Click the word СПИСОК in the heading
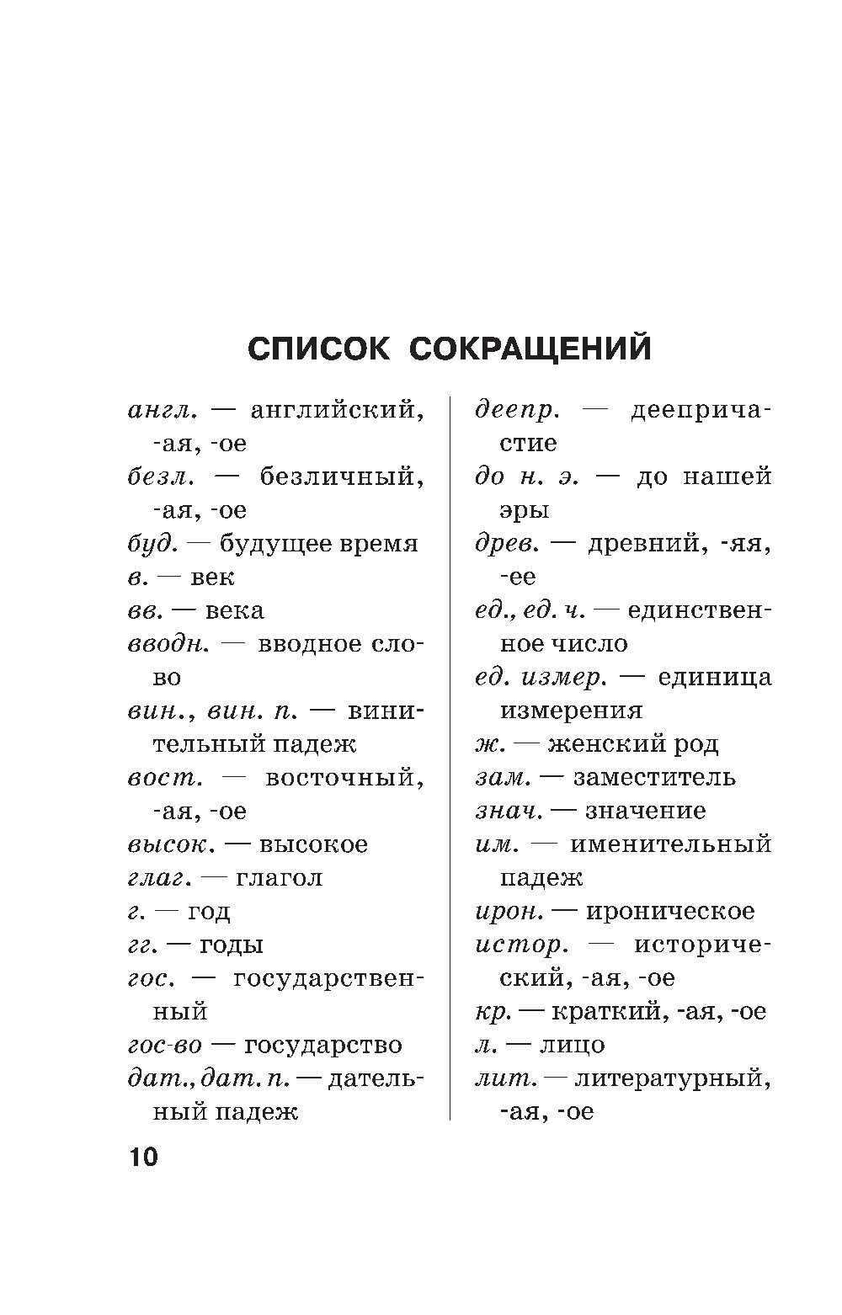(319, 349)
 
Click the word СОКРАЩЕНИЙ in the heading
(531, 349)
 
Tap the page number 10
(144, 1158)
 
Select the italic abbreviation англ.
(163, 411)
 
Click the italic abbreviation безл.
(161, 477)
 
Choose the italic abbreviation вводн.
(168, 644)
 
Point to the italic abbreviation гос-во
(165, 1045)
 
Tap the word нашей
(727, 477)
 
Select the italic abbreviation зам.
(503, 777)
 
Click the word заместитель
(654, 777)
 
